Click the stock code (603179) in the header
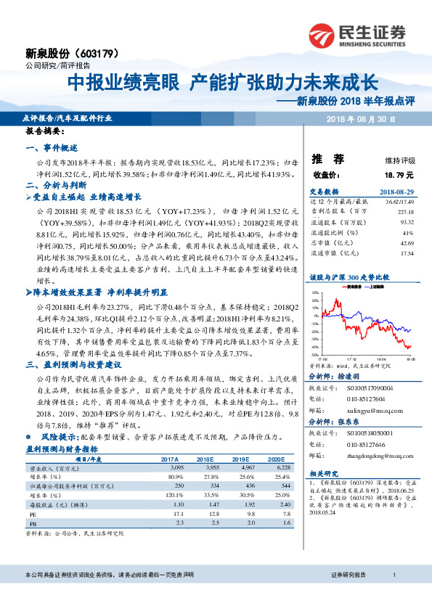click(97, 54)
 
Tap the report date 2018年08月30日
click(360, 117)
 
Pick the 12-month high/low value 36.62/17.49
click(399, 200)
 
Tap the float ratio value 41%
click(408, 232)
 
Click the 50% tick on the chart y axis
click(316, 292)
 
